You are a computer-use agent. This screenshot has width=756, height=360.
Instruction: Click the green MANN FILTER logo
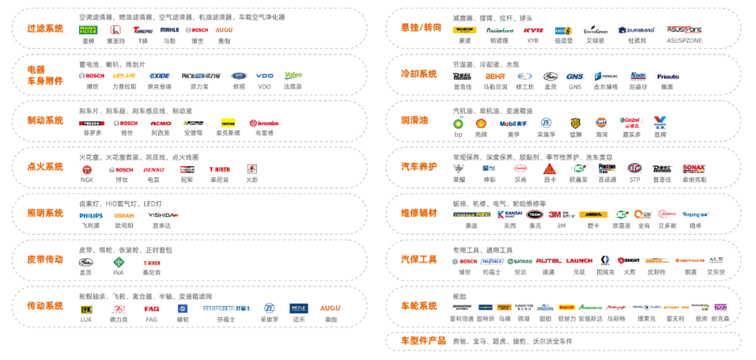88,30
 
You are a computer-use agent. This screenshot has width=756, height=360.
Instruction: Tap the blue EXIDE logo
159,76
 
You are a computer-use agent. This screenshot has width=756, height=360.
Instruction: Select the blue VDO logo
265,76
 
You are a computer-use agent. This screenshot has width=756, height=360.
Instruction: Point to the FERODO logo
92,123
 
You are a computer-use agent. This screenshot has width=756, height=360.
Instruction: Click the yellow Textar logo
227,123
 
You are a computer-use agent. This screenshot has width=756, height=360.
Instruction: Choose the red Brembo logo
264,123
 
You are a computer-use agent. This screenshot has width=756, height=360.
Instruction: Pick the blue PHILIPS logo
91,216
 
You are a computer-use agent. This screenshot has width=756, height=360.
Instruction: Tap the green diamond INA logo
119,262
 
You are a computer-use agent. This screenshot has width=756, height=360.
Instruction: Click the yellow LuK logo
85,308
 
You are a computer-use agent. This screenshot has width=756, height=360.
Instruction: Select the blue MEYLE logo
299,308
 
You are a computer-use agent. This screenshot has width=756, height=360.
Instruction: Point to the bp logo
458,123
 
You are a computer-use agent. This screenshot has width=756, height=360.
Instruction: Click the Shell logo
481,123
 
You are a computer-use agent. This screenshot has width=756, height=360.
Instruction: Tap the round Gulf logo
601,123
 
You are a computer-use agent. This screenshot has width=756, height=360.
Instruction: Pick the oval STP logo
634,169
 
